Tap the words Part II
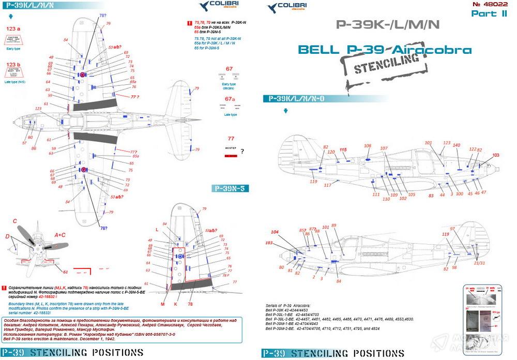click(x=488, y=14)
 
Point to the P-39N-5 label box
click(x=231, y=189)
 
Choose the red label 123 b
click(x=13, y=65)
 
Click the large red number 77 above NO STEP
click(x=231, y=138)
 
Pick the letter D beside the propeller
click(x=7, y=236)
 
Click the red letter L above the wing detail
click(x=157, y=229)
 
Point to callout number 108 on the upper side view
click(x=368, y=146)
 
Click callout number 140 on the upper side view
click(x=457, y=145)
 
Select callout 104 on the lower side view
click(x=275, y=232)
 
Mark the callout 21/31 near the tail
click(x=479, y=263)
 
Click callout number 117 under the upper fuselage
click(x=327, y=185)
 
